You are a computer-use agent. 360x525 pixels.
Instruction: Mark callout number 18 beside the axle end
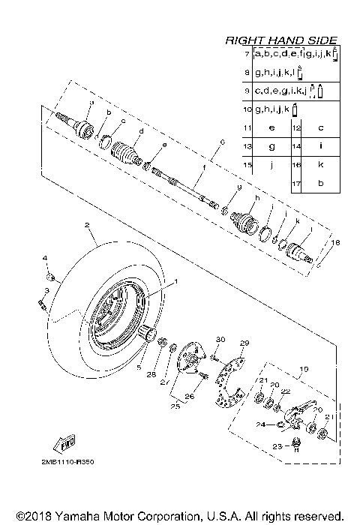(335, 243)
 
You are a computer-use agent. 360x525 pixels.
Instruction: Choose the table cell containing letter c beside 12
(321, 128)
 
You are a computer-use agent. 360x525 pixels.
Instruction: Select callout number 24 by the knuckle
(261, 424)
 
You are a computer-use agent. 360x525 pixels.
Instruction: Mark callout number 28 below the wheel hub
(152, 374)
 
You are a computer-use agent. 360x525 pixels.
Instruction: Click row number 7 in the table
(247, 55)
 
